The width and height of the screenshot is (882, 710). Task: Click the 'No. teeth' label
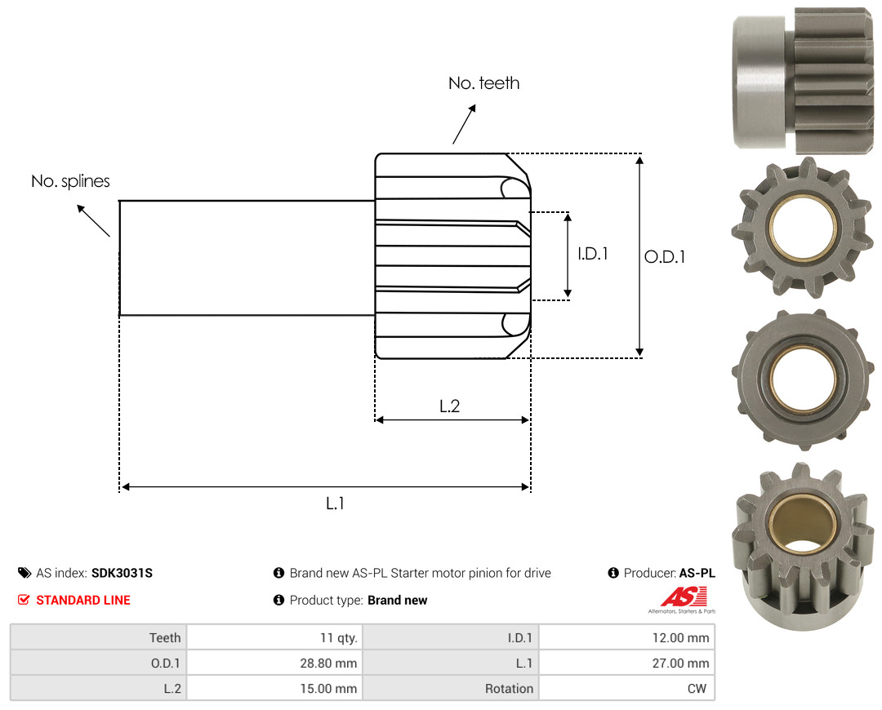pos(483,83)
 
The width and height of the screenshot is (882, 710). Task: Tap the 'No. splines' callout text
pos(70,181)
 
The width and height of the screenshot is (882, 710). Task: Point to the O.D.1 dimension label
pos(664,257)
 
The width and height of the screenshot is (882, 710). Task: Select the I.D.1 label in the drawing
pos(593,254)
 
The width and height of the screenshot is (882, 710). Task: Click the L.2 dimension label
pos(449,406)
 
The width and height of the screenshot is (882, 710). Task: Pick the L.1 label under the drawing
pos(335,504)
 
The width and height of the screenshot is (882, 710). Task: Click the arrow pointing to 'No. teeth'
pos(464,124)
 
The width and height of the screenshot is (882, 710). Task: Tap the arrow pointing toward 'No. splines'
pos(93,220)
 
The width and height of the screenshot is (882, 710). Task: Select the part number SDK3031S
pos(122,573)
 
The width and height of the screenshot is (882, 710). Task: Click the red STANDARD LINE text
pos(83,601)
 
